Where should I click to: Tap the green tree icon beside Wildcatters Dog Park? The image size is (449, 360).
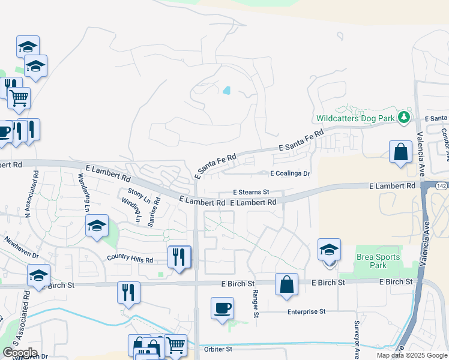405,116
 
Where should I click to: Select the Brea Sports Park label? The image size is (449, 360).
378,261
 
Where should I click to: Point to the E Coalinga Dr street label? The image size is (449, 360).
290,174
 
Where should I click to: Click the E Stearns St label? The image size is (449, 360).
251,193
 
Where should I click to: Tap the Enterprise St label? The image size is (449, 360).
306,312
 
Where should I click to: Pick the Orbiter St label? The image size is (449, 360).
217,349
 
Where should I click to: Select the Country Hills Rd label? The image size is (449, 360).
130,259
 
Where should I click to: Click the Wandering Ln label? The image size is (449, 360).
84,191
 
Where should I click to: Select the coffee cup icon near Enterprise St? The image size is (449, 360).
222,308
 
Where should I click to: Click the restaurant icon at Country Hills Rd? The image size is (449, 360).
179,257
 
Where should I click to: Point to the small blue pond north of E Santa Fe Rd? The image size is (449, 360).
226,91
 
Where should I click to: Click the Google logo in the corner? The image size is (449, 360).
19,353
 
